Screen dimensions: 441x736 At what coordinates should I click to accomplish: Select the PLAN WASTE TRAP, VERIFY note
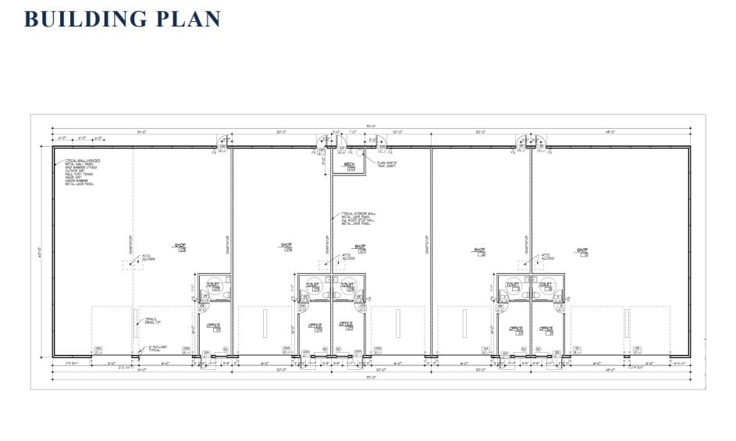(x=389, y=164)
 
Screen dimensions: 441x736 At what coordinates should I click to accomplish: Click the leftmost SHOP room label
(x=180, y=247)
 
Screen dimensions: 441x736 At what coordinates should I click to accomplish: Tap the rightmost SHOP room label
(x=582, y=251)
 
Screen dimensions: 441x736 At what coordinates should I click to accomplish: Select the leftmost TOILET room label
(x=212, y=286)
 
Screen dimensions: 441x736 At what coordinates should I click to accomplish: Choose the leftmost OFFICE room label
(x=213, y=326)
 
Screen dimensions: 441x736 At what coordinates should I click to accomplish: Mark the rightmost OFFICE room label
(x=546, y=329)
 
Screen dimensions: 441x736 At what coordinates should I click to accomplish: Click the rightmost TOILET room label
(x=546, y=286)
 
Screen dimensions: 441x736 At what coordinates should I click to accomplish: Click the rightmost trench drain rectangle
(x=626, y=323)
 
